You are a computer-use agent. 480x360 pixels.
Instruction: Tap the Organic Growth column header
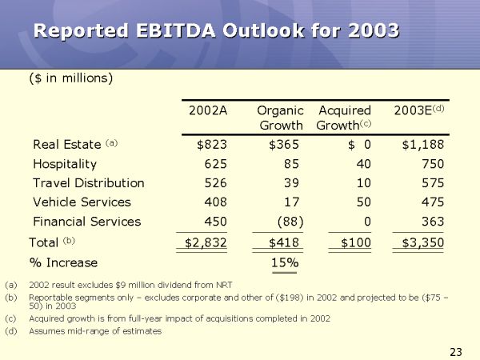280,118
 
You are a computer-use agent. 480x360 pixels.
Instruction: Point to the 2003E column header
419,110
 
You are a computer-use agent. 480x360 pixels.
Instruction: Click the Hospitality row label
65,164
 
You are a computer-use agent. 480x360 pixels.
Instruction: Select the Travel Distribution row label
89,183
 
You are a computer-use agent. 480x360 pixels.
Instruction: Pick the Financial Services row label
86,222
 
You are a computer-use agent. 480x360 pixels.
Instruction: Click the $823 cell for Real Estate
212,145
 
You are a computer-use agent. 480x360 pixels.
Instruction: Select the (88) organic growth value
287,222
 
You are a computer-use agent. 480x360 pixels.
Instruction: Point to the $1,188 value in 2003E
422,145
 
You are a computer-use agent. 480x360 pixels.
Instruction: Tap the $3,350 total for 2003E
422,242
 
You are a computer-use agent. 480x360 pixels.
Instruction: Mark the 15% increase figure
284,262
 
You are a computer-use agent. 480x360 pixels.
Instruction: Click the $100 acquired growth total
352,242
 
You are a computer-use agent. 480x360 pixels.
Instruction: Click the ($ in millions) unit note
70,78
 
